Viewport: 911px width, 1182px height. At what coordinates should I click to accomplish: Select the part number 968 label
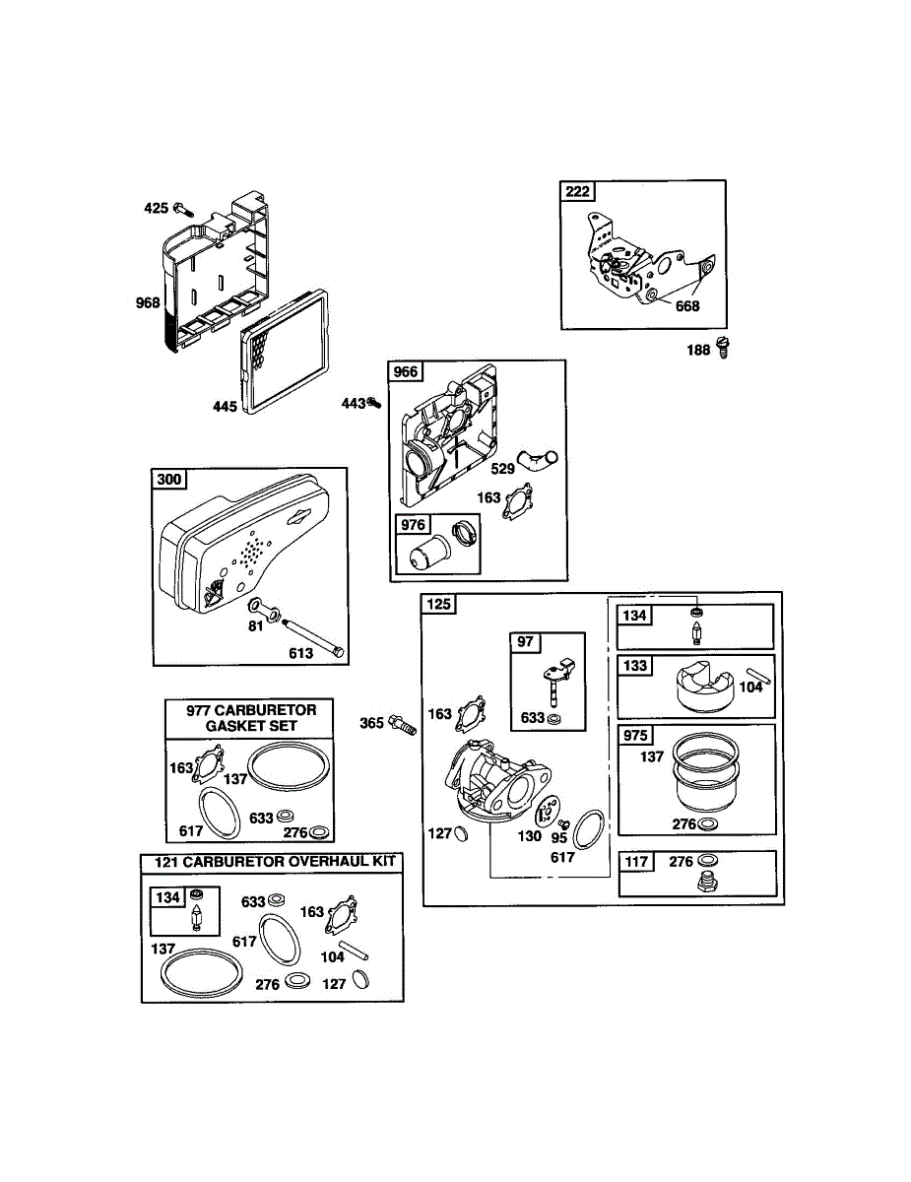(x=148, y=302)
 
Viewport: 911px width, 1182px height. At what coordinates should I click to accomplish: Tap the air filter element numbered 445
(x=286, y=355)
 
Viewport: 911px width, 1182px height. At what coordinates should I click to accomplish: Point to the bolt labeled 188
(x=725, y=348)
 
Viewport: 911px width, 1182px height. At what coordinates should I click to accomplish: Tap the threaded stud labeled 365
(x=402, y=726)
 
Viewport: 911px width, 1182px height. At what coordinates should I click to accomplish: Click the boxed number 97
(x=526, y=642)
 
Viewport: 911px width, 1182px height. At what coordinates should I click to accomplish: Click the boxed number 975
(x=636, y=736)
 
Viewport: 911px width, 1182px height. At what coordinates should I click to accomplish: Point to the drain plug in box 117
(x=705, y=881)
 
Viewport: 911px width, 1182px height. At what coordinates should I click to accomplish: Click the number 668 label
(x=686, y=306)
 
